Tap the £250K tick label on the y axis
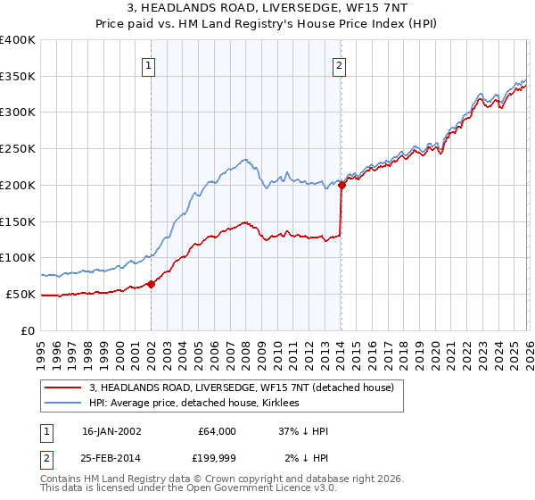(x=18, y=148)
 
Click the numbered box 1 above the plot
(x=148, y=64)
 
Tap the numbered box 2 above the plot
(x=340, y=64)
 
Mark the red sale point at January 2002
(x=151, y=284)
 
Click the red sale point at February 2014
(x=342, y=186)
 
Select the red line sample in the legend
(x=64, y=387)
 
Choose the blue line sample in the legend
(x=64, y=403)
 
